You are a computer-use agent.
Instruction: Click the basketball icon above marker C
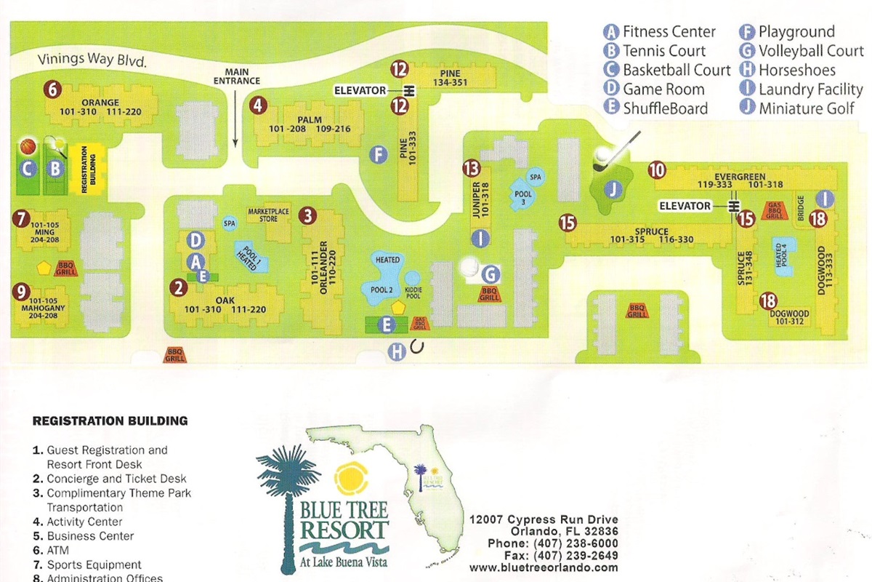tap(28, 147)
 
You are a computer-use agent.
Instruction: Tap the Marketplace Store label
tap(268, 215)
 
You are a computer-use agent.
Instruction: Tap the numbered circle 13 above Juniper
tap(472, 169)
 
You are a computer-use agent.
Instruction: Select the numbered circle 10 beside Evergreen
tap(657, 170)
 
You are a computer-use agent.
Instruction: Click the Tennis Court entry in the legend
tap(664, 51)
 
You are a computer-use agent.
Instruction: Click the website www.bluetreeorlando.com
tap(544, 567)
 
